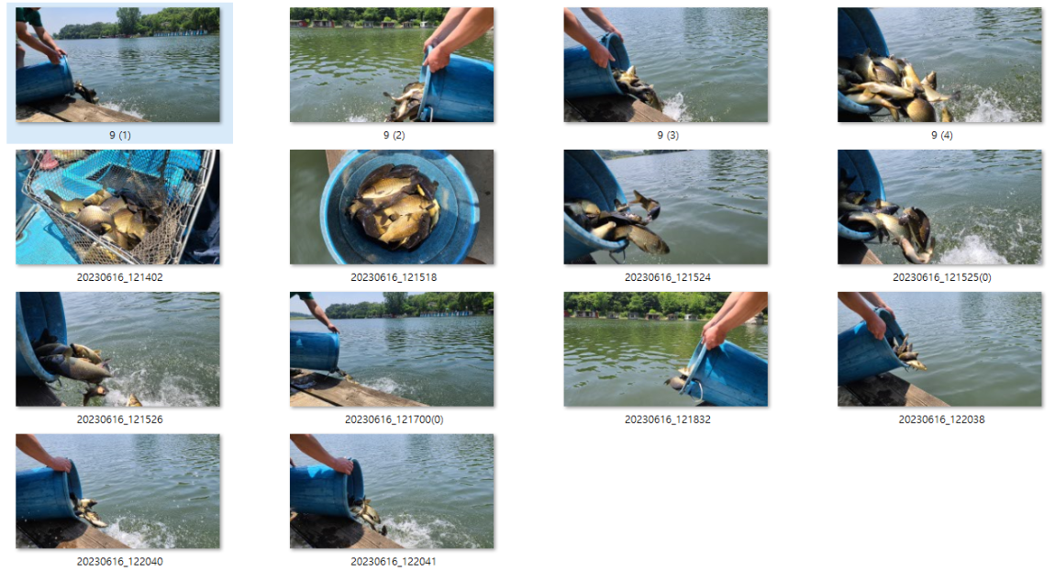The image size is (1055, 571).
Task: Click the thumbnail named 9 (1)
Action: coord(117,64)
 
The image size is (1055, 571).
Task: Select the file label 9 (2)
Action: coord(394,135)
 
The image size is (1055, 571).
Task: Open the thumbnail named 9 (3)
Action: coord(665,64)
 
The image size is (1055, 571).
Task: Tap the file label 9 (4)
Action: coord(941,135)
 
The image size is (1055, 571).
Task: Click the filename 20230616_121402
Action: coord(120,277)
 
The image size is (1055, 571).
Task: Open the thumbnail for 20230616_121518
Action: coord(392,207)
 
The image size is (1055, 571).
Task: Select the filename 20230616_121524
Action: coord(668,277)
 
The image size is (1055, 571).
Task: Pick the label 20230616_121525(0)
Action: coord(941,277)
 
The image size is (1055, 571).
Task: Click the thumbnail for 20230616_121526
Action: coord(117,349)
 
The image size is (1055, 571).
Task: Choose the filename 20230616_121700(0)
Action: coord(394,420)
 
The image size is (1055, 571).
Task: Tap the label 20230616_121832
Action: coord(668,420)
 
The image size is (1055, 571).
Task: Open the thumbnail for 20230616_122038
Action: coord(939,349)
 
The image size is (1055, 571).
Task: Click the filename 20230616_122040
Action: coord(120,562)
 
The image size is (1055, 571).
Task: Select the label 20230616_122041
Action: coord(394,562)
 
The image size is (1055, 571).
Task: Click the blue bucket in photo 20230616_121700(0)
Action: coord(314,351)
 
